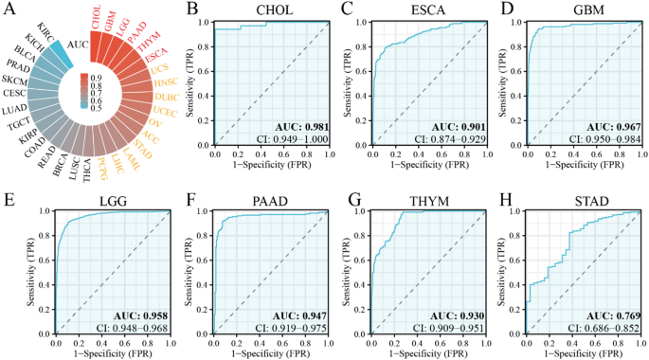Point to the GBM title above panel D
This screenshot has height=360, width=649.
click(x=577, y=11)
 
